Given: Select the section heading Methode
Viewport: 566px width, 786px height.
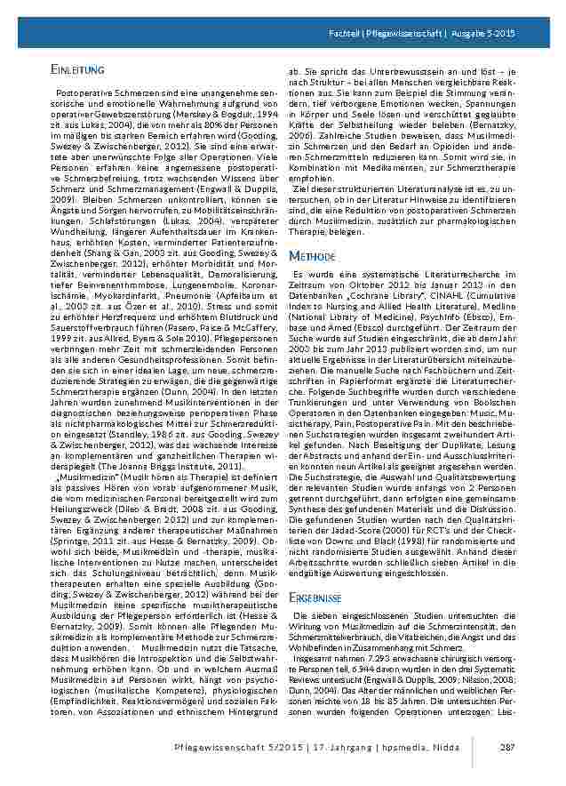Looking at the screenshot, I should pos(311,256).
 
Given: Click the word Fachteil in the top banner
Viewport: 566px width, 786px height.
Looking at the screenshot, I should pos(344,33).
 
